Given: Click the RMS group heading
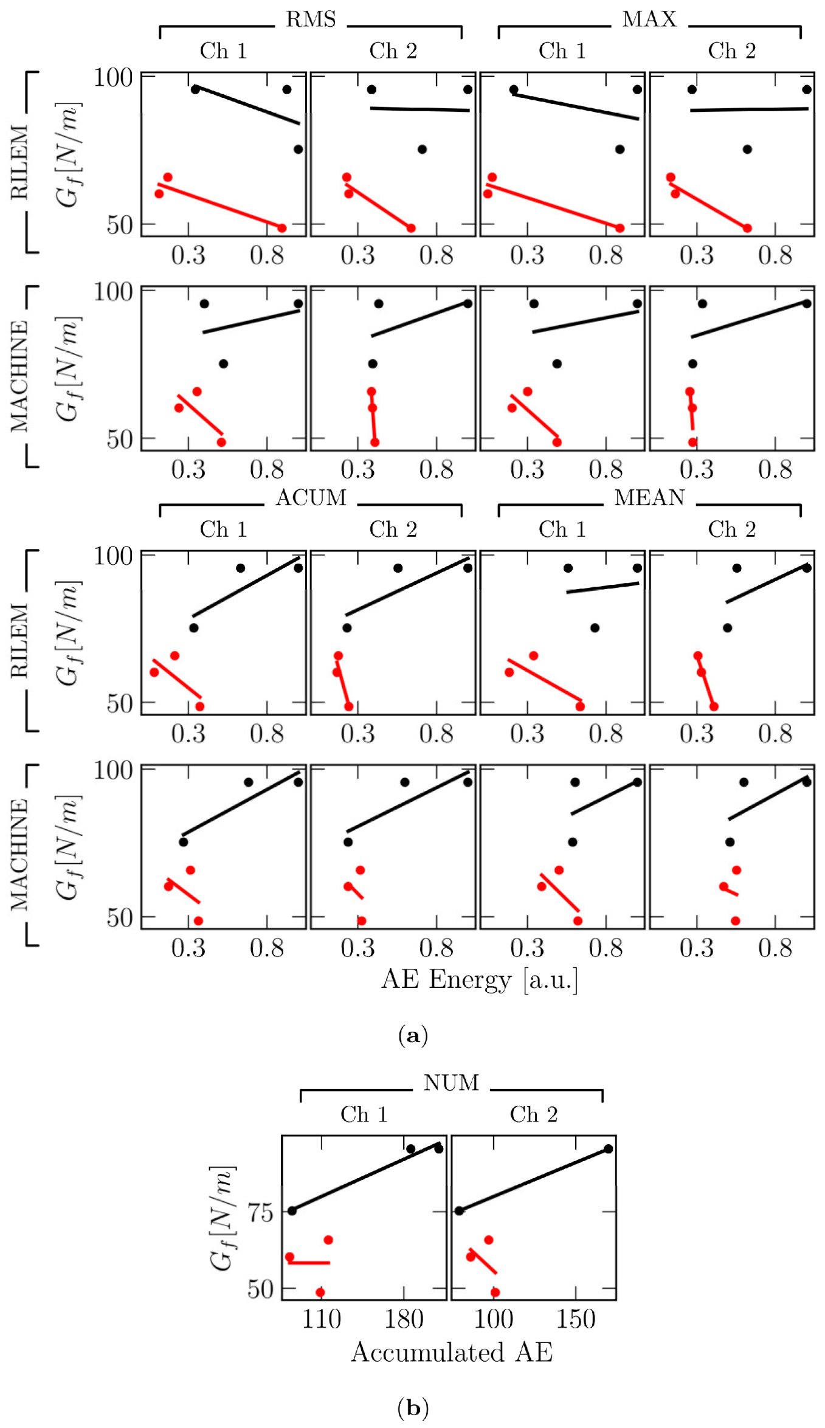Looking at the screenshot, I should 311,19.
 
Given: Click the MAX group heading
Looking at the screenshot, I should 649,19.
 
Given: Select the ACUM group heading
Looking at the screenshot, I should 311,498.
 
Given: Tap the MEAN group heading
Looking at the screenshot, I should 649,498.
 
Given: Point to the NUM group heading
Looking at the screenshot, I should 451,1083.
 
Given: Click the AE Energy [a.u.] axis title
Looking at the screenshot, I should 479,979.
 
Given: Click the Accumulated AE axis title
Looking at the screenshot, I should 452,1352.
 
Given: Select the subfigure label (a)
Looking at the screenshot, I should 413,1034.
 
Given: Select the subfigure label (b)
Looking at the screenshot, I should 413,1407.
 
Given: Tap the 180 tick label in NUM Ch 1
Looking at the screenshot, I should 404,1319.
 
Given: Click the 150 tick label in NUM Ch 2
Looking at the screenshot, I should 576,1319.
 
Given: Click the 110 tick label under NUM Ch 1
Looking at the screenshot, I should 321,1319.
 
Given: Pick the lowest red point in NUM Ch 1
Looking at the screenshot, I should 320,1292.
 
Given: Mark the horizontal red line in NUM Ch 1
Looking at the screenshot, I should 309,1263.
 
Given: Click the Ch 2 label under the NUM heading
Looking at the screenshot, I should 533,1114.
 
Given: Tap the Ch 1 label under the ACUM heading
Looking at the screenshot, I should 223,529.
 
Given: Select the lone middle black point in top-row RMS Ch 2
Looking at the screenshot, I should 422,150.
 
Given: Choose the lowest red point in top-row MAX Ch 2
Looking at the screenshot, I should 747,228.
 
